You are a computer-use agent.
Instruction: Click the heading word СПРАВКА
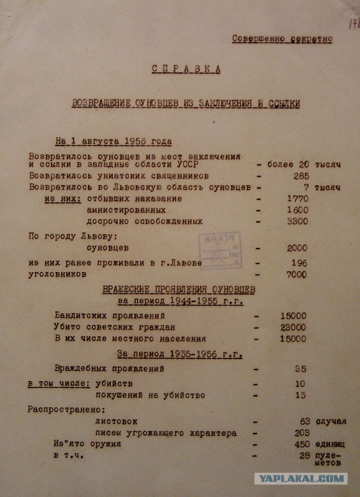(186, 69)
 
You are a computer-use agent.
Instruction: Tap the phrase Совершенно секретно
(282, 39)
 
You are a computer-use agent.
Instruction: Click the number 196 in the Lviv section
(299, 263)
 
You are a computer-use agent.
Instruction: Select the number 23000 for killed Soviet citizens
(293, 327)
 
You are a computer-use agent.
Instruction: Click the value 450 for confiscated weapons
(301, 444)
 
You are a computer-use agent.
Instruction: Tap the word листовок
(117, 422)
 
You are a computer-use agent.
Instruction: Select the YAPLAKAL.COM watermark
(300, 478)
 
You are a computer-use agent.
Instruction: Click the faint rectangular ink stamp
(219, 251)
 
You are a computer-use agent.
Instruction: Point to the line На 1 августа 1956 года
(114, 141)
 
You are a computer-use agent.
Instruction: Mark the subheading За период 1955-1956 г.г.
(179, 354)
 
